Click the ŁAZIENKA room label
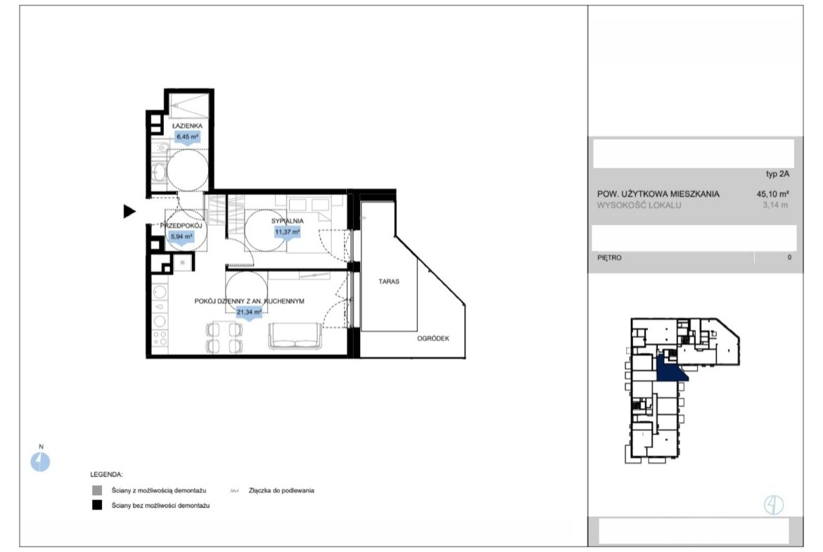coord(187,126)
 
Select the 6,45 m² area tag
coord(187,137)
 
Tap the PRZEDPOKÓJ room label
coord(181,226)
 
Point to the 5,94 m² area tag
coord(181,237)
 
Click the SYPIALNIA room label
coord(287,221)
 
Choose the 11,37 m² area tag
coord(287,232)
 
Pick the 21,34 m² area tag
coord(249,312)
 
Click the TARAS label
coord(389,282)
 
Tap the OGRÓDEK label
coord(433,338)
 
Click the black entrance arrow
coord(129,212)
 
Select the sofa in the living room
coord(295,336)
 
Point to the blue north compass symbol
coord(40,462)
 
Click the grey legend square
coord(97,491)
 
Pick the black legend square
coord(97,506)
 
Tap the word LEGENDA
coord(106,475)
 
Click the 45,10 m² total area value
coord(772,193)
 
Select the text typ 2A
coord(777,174)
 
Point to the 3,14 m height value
coord(775,205)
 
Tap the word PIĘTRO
coord(609,257)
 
